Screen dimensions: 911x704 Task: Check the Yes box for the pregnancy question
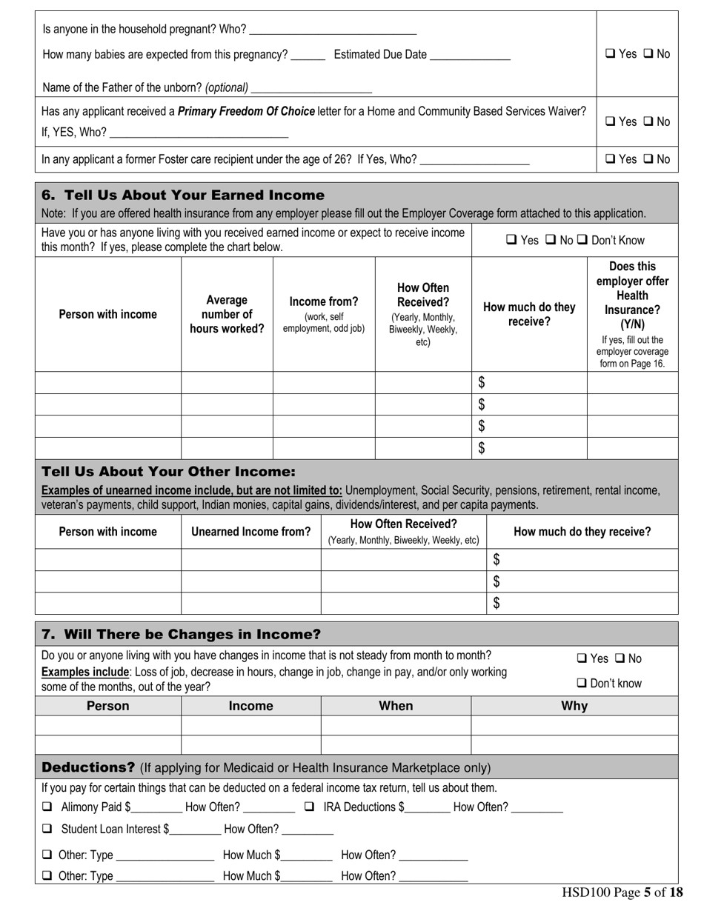(x=610, y=54)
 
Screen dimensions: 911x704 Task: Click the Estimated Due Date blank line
(x=470, y=55)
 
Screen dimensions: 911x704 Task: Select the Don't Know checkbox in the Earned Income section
(x=582, y=240)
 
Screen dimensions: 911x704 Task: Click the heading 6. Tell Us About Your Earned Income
(x=183, y=196)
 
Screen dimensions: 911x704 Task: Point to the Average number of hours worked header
(x=227, y=315)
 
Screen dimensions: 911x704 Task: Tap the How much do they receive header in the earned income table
(x=529, y=315)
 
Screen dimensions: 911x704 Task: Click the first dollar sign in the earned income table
(x=482, y=382)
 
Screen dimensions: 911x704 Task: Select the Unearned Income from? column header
(x=250, y=532)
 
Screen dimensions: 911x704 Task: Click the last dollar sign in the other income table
(x=497, y=603)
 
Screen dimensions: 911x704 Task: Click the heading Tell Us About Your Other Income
(x=168, y=472)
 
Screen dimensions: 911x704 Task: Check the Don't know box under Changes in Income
(x=582, y=684)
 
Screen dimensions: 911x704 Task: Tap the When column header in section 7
(x=396, y=706)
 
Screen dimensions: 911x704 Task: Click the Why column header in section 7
(x=574, y=706)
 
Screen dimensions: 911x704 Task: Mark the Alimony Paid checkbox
(x=47, y=807)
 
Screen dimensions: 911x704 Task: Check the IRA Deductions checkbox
(x=310, y=807)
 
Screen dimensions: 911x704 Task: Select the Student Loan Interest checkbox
(x=47, y=830)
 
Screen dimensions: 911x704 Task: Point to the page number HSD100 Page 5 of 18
(x=622, y=893)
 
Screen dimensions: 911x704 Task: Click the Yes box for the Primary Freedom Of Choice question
(x=610, y=121)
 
